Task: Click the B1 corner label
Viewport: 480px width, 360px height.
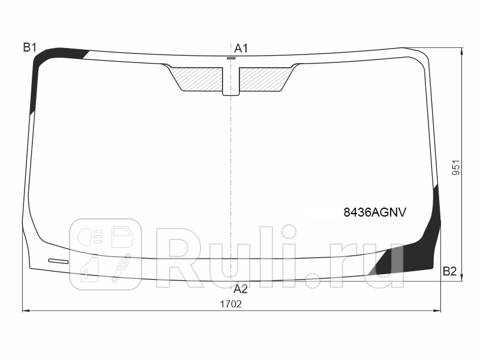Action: coord(29,48)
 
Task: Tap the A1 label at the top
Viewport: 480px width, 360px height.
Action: coord(241,49)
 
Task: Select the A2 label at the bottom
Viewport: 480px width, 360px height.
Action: coord(241,289)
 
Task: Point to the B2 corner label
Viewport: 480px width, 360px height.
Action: coord(449,271)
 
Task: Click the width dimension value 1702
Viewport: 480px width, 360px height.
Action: coord(231,304)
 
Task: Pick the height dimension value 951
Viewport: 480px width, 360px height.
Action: coord(456,167)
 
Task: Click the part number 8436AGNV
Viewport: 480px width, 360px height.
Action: coord(374,212)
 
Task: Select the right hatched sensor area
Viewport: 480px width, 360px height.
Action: coord(265,79)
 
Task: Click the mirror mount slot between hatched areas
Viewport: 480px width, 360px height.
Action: coord(231,81)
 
